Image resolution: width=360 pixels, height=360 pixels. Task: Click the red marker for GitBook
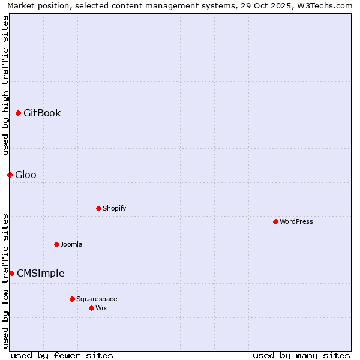pos(19,113)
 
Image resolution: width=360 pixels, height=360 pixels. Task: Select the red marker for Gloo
pos(10,175)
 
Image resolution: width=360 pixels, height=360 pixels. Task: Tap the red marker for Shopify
pos(99,208)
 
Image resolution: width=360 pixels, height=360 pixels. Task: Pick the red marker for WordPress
pos(276,221)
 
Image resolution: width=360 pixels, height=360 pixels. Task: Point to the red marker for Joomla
pos(57,244)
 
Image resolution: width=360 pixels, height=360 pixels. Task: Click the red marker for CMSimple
pos(12,273)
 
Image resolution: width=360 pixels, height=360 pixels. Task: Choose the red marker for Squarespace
pos(73,299)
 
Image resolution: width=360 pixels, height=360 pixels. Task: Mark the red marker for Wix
pos(92,308)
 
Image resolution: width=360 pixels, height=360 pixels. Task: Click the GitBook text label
pos(42,113)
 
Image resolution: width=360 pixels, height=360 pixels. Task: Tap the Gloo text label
pos(26,175)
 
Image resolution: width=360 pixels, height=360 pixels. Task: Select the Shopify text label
pos(115,208)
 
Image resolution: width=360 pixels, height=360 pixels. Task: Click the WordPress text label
pos(296,221)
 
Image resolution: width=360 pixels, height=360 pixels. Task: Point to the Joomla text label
pos(71,244)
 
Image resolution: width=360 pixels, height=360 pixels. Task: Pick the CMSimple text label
pos(41,273)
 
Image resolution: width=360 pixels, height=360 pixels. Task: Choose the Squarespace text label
pos(97,299)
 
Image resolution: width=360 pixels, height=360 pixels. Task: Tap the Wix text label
pos(101,308)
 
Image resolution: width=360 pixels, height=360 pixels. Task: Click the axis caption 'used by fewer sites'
pos(62,355)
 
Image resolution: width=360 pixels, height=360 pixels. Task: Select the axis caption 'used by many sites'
pos(301,355)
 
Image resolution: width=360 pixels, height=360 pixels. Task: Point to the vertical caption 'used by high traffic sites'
pos(5,85)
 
